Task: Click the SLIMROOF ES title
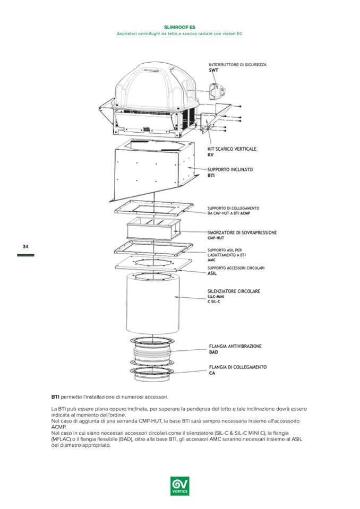coord(179,26)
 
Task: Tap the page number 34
coord(25,247)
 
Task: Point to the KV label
coord(210,155)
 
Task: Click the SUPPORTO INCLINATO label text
coord(230,169)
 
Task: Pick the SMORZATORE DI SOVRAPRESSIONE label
coord(242,232)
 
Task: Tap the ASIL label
coord(212,274)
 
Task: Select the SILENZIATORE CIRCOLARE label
coord(234,291)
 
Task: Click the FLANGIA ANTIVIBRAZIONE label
coord(235,346)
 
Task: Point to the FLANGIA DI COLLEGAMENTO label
coord(237,367)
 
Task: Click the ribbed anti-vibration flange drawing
coord(153,352)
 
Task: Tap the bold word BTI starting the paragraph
coord(55,396)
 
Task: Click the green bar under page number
coord(25,255)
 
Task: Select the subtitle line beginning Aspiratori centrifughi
coord(179,33)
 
